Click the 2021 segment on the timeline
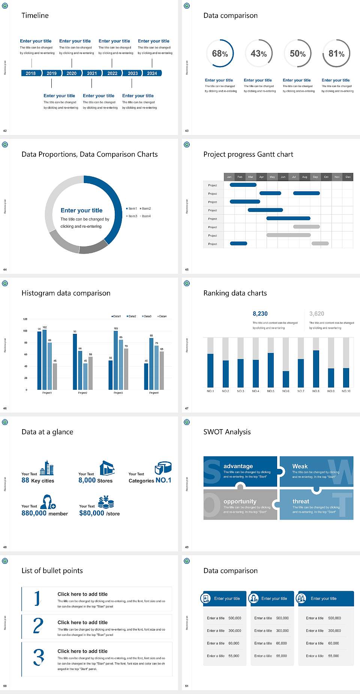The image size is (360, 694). pos(92,73)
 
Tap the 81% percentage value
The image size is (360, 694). pos(336,54)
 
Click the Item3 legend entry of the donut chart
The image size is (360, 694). pos(132,216)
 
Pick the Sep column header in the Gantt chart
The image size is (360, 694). pos(315,177)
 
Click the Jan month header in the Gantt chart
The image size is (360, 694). pos(229,177)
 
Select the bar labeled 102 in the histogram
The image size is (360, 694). pos(45,358)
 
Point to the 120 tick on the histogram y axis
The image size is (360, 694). pos(25,319)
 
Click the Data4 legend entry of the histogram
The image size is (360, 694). pos(162,316)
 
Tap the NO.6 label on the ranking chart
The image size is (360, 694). pos(286,391)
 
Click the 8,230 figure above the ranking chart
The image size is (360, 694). pos(260,314)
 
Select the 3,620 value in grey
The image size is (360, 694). pos(316,314)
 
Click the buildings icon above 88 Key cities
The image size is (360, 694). pos(47,468)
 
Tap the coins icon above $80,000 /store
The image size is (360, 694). pos(106,502)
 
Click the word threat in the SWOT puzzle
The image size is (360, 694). pos(301,501)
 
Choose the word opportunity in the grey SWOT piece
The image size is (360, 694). pos(240,501)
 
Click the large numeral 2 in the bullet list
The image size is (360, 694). pos(38,626)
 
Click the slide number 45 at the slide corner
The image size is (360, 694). pos(187,269)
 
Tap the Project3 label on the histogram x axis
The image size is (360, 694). pos(118,393)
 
